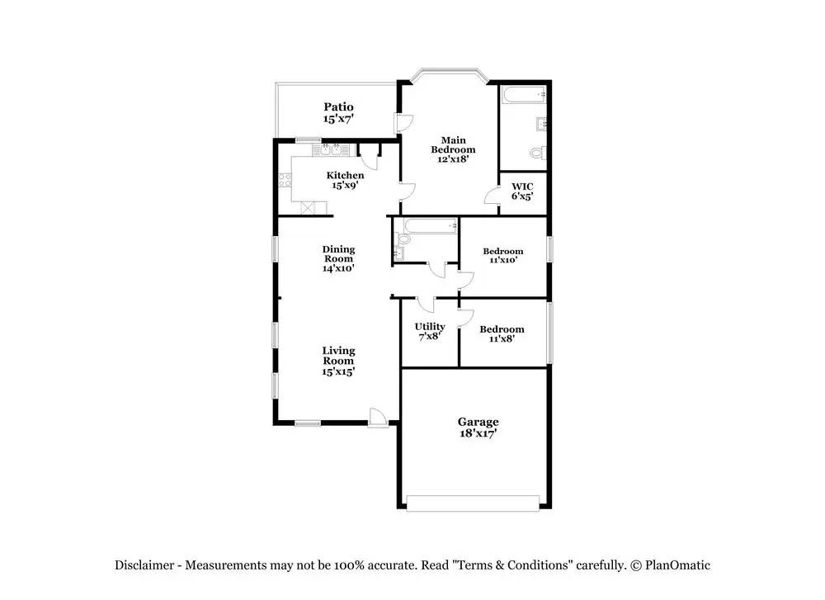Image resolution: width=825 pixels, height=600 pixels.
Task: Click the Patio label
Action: pyautogui.click(x=338, y=106)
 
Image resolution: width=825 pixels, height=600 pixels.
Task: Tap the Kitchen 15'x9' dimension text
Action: pyautogui.click(x=345, y=185)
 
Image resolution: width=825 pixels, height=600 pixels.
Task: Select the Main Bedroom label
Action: pyautogui.click(x=453, y=144)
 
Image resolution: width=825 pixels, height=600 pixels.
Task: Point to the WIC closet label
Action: pyautogui.click(x=522, y=187)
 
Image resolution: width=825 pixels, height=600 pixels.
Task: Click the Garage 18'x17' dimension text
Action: pyautogui.click(x=478, y=433)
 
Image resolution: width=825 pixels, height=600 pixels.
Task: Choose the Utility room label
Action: pyautogui.click(x=430, y=327)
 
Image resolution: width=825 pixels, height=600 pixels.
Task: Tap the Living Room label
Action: pyautogui.click(x=338, y=355)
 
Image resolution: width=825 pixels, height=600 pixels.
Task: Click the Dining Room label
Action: pyautogui.click(x=338, y=253)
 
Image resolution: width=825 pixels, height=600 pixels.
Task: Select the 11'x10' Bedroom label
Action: pyautogui.click(x=503, y=251)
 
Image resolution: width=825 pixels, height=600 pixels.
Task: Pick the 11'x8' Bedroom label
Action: pyautogui.click(x=502, y=329)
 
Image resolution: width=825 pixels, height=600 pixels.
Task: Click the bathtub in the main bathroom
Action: pyautogui.click(x=524, y=95)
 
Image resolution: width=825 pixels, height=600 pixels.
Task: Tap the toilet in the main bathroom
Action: pyautogui.click(x=537, y=154)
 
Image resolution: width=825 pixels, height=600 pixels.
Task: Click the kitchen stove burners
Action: pyautogui.click(x=285, y=180)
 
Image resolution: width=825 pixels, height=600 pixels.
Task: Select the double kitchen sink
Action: pyautogui.click(x=331, y=149)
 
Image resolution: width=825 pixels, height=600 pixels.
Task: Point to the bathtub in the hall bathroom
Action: pyautogui.click(x=430, y=226)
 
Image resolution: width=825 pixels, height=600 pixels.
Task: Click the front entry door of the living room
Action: pyautogui.click(x=379, y=418)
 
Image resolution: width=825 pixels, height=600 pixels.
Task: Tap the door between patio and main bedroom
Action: pyautogui.click(x=404, y=123)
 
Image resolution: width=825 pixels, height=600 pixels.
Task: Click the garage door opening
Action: pyautogui.click(x=473, y=503)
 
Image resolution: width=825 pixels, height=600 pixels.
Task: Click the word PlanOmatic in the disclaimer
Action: pyautogui.click(x=677, y=565)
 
